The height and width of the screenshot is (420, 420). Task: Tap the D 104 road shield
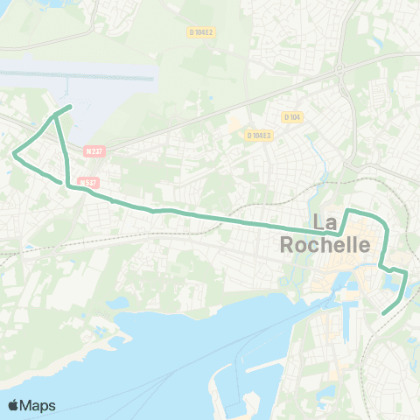(x=291, y=116)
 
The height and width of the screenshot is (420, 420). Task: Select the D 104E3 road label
(x=259, y=136)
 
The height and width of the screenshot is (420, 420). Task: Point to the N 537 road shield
(x=86, y=183)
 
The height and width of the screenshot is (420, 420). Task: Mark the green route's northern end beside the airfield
(x=70, y=107)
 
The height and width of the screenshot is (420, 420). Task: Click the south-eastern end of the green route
(x=385, y=312)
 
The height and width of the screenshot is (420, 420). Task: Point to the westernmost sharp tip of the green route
(x=13, y=155)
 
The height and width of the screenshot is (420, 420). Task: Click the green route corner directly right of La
(x=349, y=211)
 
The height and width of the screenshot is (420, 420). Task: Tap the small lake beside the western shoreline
(x=119, y=303)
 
